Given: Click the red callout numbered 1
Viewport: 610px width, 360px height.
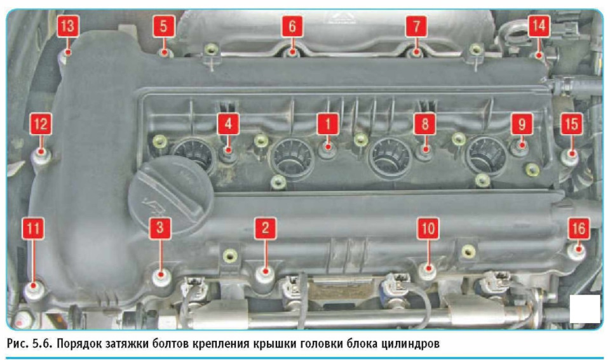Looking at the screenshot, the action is pyautogui.click(x=328, y=124).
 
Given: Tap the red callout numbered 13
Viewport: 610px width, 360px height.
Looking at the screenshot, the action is pyautogui.click(x=68, y=26).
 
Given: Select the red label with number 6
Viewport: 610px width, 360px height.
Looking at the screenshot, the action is pyautogui.click(x=292, y=26).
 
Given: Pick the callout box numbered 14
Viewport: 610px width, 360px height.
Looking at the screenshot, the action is pyautogui.click(x=539, y=26).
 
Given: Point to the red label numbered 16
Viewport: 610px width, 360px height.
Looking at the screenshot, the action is pyautogui.click(x=578, y=228).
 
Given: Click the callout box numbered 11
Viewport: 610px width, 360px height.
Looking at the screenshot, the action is pyautogui.click(x=33, y=228).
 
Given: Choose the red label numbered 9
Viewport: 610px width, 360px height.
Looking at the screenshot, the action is pyautogui.click(x=522, y=124).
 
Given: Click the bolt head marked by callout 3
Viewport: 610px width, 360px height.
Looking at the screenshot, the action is pyautogui.click(x=161, y=277).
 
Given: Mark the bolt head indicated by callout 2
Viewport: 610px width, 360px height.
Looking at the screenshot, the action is pyautogui.click(x=266, y=273).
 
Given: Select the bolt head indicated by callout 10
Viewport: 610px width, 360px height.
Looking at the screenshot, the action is pyautogui.click(x=428, y=270).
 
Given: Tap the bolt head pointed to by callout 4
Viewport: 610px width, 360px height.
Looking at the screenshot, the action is pyautogui.click(x=229, y=152).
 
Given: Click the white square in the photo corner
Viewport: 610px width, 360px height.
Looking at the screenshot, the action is pyautogui.click(x=585, y=309).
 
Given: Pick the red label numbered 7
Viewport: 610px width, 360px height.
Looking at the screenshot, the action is pyautogui.click(x=416, y=26).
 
